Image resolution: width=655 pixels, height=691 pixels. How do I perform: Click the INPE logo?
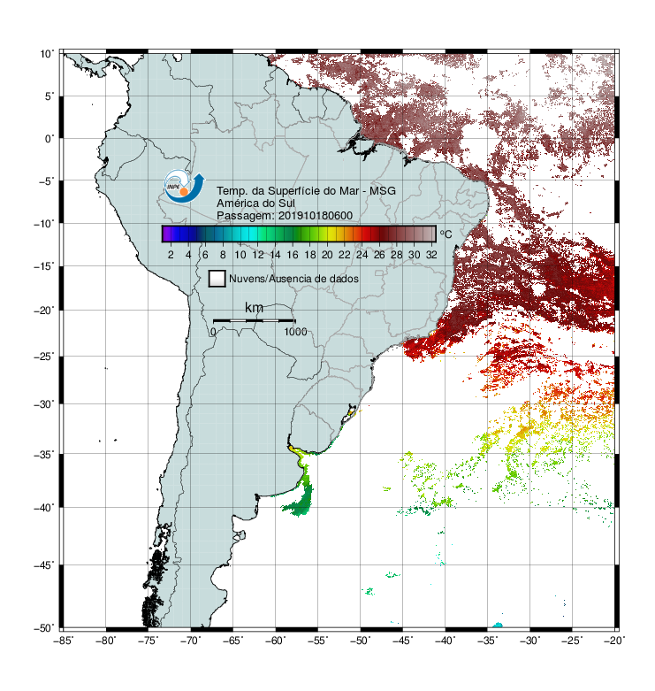(x=184, y=186)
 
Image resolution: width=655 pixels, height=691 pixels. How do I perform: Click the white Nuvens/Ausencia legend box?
(x=217, y=279)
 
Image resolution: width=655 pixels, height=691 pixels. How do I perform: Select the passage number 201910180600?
(x=316, y=216)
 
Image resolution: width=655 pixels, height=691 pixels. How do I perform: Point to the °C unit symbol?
(x=446, y=234)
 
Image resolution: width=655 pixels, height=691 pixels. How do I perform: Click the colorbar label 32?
(x=431, y=255)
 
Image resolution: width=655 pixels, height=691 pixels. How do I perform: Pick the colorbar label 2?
(x=171, y=255)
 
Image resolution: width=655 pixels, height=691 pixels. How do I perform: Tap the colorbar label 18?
(x=310, y=255)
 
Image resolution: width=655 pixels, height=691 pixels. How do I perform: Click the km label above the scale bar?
(x=254, y=308)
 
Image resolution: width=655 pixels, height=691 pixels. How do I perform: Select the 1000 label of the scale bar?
(x=295, y=332)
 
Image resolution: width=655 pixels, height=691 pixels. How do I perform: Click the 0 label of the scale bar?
(x=213, y=332)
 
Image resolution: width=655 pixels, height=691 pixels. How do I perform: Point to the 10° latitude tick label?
(x=47, y=54)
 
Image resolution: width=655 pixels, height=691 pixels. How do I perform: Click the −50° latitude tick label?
(x=44, y=628)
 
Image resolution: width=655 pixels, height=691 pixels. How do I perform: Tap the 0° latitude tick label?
(x=50, y=139)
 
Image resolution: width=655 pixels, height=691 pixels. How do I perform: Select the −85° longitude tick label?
(x=64, y=641)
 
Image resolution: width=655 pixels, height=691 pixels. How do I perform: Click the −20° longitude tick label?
(x=614, y=641)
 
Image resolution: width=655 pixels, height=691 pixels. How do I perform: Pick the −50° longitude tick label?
(x=361, y=641)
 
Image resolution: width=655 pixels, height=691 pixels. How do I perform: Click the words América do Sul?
(x=255, y=203)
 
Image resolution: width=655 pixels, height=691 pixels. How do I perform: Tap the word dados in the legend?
(x=342, y=279)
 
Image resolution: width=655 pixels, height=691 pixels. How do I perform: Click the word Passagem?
(x=246, y=216)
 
